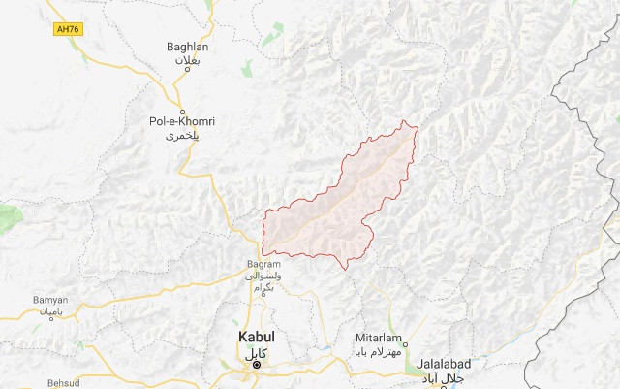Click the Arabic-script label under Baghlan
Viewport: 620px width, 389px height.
[x=185, y=61]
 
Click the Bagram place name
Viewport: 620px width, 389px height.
[x=263, y=264]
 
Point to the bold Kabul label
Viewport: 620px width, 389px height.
[x=257, y=337]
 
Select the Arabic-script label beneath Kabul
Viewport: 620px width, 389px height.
[x=257, y=350]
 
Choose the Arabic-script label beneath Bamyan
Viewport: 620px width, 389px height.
[x=49, y=314]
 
